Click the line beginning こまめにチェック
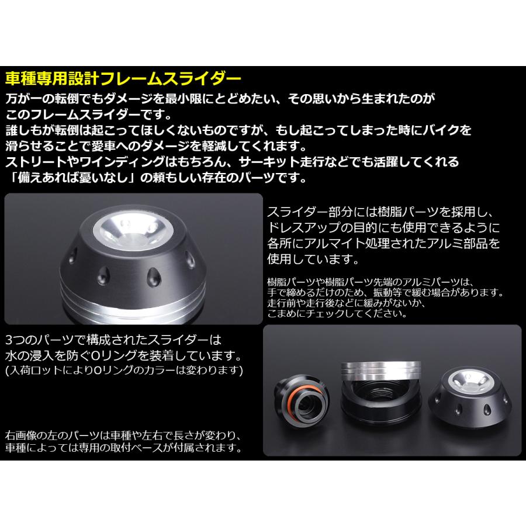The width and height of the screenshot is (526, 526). [x=336, y=313]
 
